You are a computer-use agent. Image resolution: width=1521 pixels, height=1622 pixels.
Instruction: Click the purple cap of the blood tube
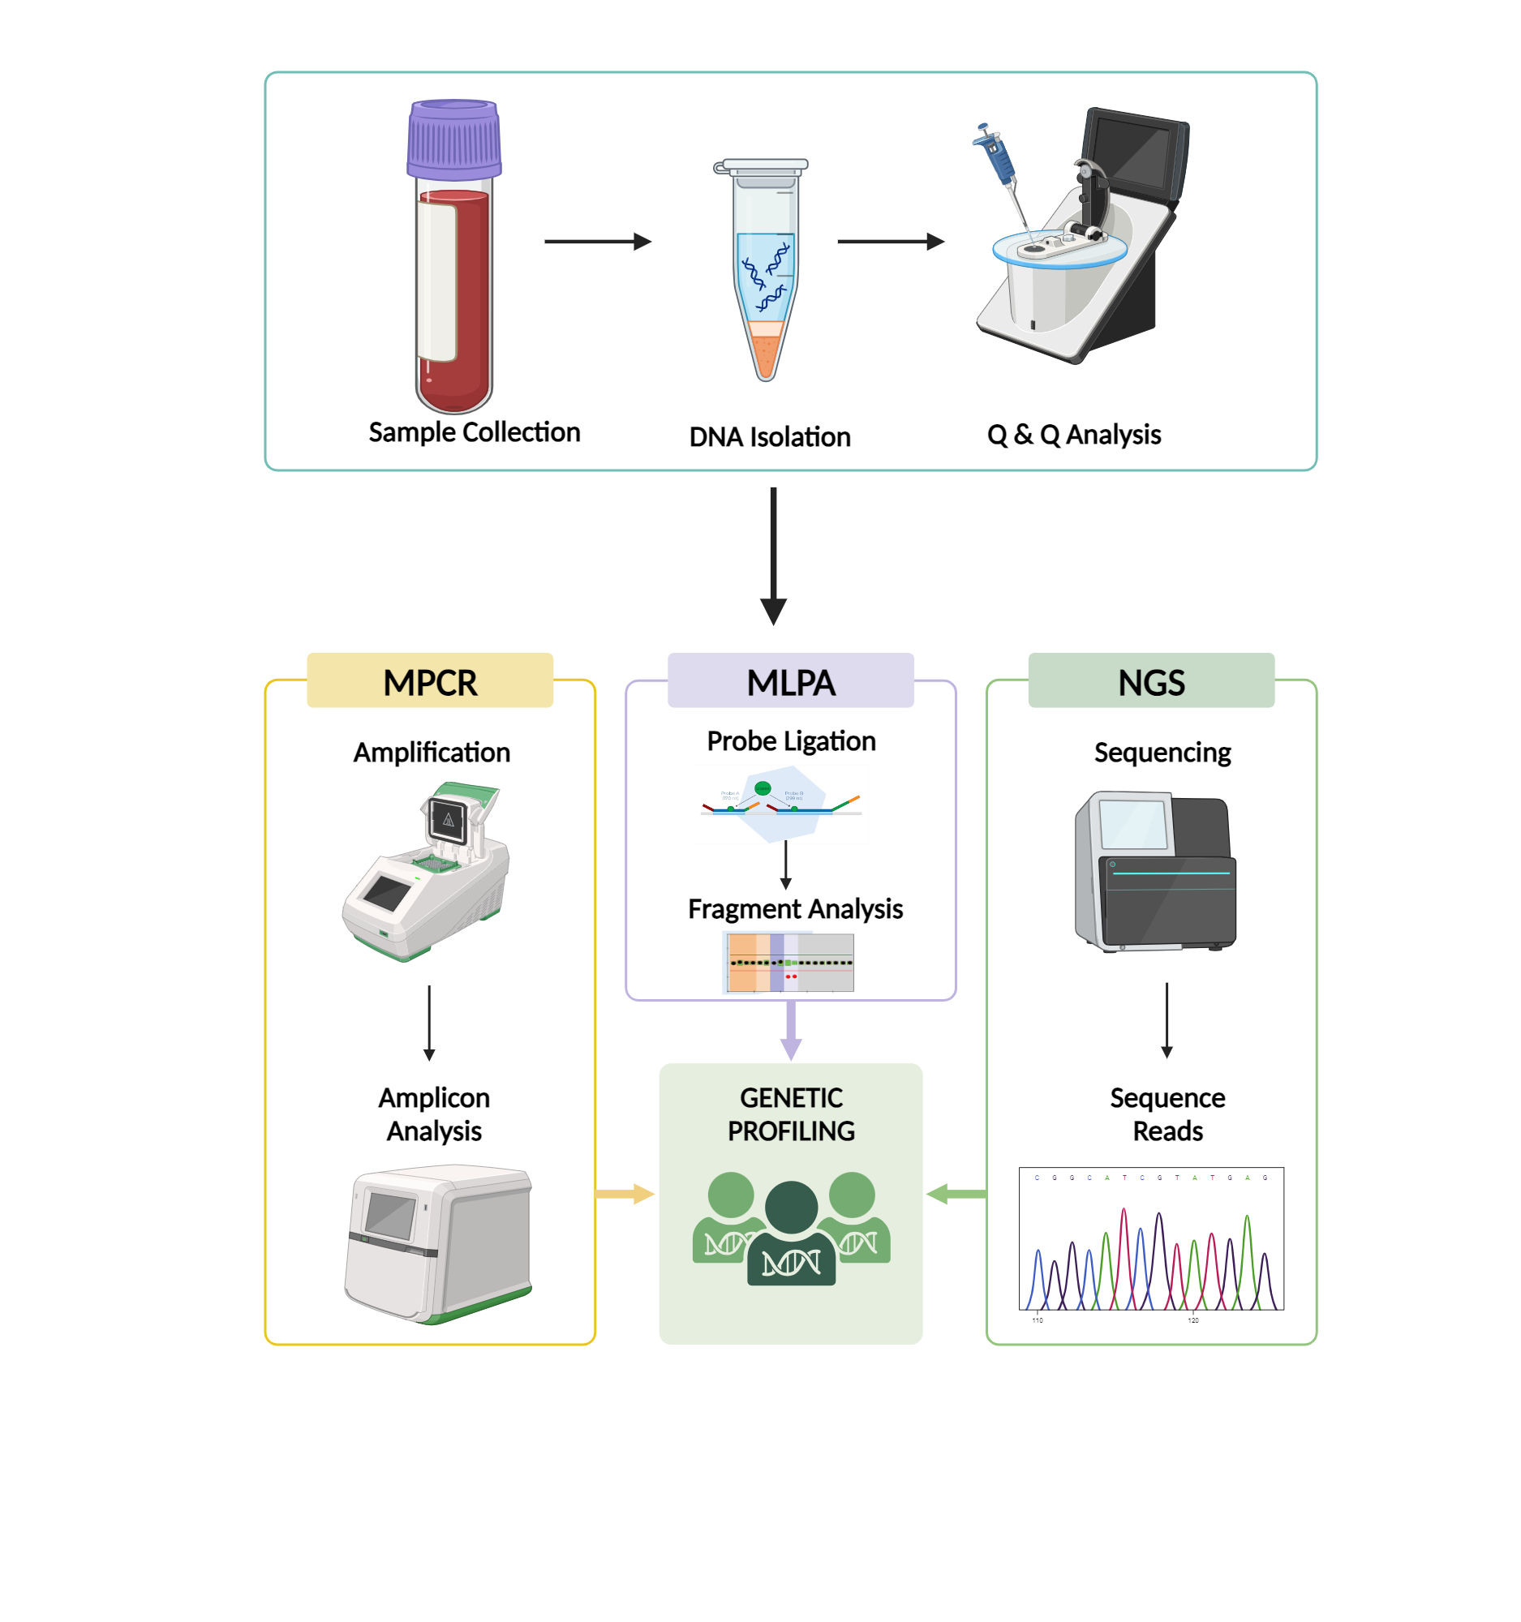pyautogui.click(x=453, y=139)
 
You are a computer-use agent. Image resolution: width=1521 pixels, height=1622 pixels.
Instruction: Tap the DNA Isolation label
pyautogui.click(x=770, y=437)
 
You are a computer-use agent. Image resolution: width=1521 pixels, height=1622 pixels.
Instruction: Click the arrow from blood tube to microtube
pyautogui.click(x=596, y=242)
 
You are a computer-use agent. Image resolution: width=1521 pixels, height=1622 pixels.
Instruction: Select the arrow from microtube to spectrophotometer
pyautogui.click(x=889, y=242)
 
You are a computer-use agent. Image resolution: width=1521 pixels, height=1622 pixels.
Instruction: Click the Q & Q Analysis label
pyautogui.click(x=1073, y=435)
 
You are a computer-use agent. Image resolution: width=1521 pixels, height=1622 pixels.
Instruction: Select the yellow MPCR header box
pyautogui.click(x=430, y=680)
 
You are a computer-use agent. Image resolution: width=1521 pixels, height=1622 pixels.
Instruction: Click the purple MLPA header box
pyautogui.click(x=790, y=680)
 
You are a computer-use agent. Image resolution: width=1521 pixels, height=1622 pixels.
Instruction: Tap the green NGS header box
pyautogui.click(x=1150, y=680)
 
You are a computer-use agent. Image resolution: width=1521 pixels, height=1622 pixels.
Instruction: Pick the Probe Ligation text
pyautogui.click(x=791, y=740)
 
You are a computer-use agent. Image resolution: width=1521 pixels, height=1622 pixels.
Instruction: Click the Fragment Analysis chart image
pyautogui.click(x=789, y=963)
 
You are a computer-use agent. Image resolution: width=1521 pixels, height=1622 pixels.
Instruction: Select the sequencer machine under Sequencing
pyautogui.click(x=1154, y=870)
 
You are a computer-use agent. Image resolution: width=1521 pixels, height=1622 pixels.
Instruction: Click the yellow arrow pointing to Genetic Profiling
pyautogui.click(x=625, y=1194)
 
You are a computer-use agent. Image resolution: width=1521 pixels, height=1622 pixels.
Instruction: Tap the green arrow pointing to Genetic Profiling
pyautogui.click(x=956, y=1194)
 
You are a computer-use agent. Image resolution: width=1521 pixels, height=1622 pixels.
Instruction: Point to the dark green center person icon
pyautogui.click(x=791, y=1232)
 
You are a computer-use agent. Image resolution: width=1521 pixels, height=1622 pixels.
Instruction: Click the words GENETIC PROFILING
pyautogui.click(x=791, y=1114)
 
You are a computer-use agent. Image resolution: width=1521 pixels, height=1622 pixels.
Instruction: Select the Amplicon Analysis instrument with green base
pyautogui.click(x=439, y=1242)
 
